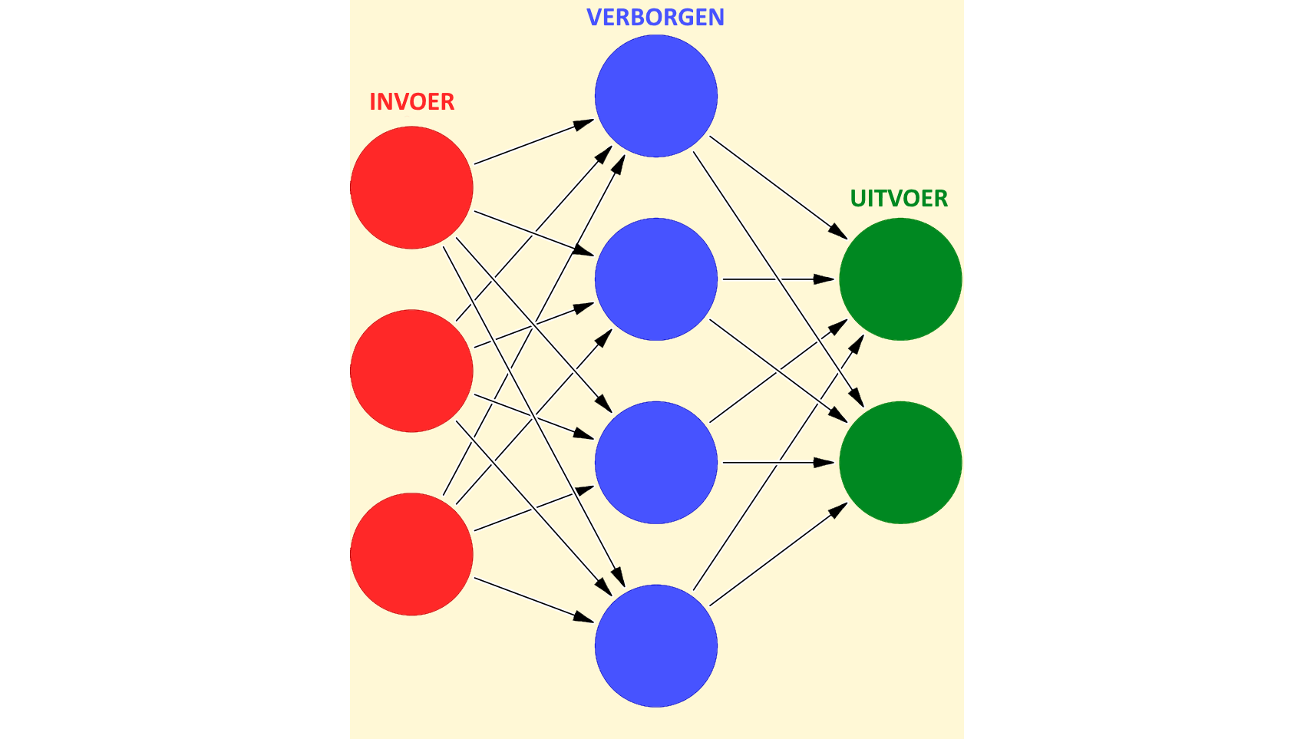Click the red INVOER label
pyautogui.click(x=411, y=101)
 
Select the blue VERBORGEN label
pyautogui.click(x=655, y=17)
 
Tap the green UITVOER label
pyautogui.click(x=899, y=198)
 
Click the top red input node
pyautogui.click(x=411, y=187)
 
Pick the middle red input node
pyautogui.click(x=411, y=371)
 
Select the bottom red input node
pyautogui.click(x=411, y=554)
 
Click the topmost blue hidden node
pyautogui.click(x=655, y=96)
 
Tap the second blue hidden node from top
pyautogui.click(x=655, y=279)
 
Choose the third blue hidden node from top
pyautogui.click(x=655, y=463)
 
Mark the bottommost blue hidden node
pyautogui.click(x=655, y=646)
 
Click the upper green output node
pyautogui.click(x=900, y=279)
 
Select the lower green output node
pyautogui.click(x=900, y=463)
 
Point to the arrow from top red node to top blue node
pyautogui.click(x=533, y=142)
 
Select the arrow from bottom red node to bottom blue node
pyautogui.click(x=533, y=599)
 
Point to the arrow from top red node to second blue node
pyautogui.click(x=533, y=233)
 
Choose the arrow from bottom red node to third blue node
pyautogui.click(x=533, y=508)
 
